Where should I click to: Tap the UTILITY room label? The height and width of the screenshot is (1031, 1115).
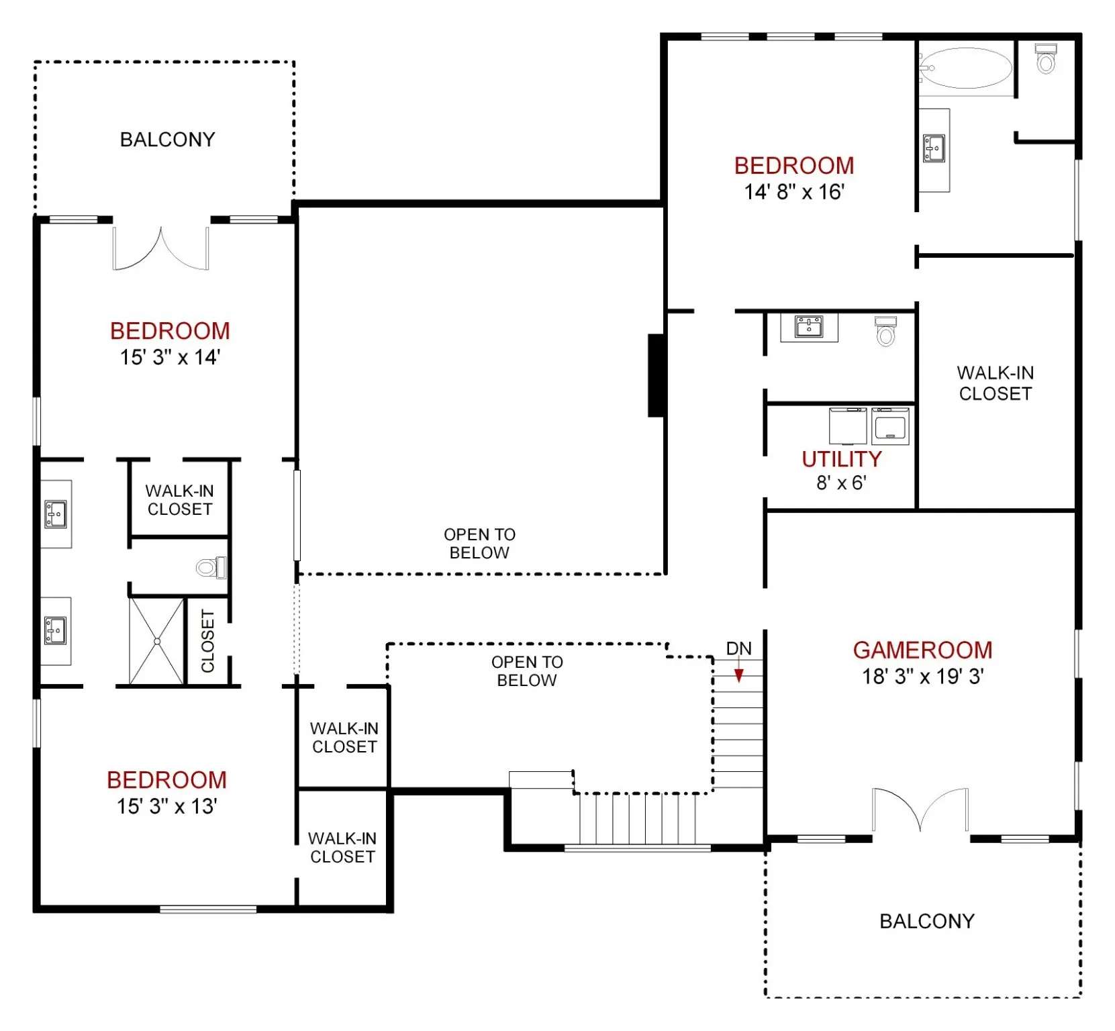(x=841, y=459)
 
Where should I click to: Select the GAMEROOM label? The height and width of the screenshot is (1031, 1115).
(x=922, y=650)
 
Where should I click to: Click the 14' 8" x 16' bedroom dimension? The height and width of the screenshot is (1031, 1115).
(x=794, y=192)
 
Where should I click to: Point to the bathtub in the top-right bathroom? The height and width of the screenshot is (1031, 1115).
(x=967, y=68)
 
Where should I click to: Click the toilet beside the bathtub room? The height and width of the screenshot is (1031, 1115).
(x=1046, y=58)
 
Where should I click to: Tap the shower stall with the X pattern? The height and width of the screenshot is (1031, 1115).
(x=156, y=641)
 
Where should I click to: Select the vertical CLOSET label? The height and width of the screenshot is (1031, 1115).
(x=208, y=641)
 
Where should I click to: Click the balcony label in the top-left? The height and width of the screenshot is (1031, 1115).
(x=167, y=140)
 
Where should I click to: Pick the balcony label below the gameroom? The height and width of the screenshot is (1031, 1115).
(x=927, y=921)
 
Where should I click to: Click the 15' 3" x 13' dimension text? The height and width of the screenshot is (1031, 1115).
(x=166, y=806)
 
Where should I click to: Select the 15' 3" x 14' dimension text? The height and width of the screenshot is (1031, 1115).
(x=170, y=357)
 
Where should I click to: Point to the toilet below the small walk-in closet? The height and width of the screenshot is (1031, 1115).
(x=211, y=568)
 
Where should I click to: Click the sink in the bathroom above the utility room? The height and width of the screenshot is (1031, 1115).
(x=809, y=327)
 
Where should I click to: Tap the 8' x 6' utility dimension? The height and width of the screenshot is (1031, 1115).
(x=841, y=483)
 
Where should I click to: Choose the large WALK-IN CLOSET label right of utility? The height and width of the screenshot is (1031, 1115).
(x=995, y=383)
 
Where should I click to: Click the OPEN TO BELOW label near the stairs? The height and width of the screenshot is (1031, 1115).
(x=527, y=671)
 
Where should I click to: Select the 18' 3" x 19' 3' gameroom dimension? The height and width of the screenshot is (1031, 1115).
(x=923, y=677)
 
